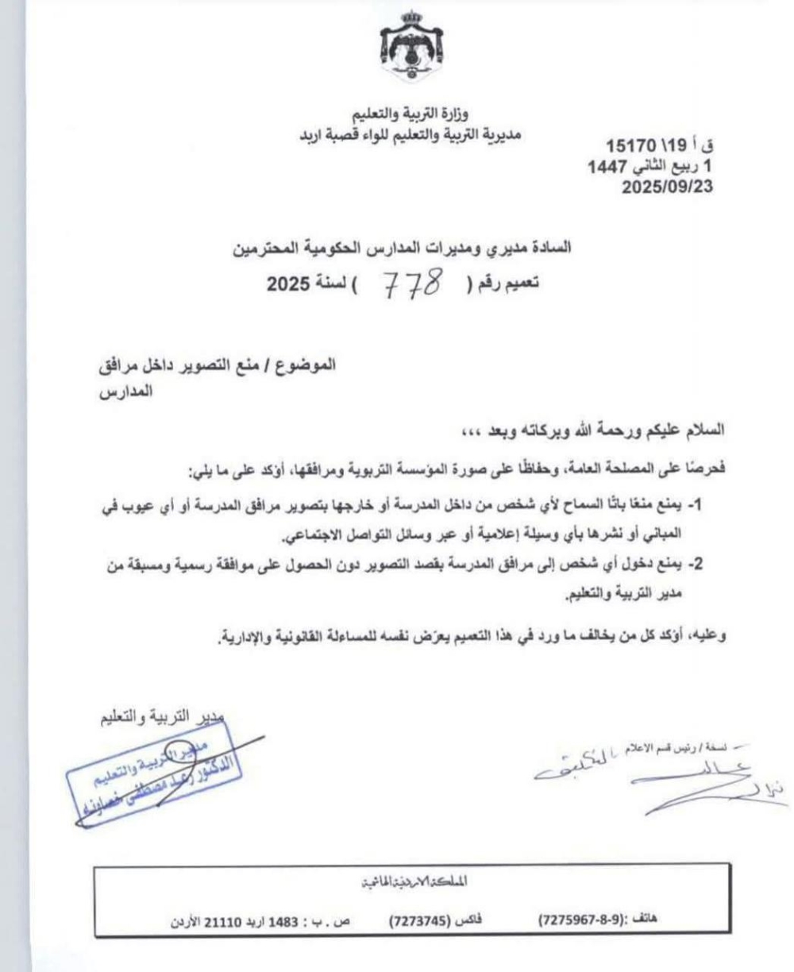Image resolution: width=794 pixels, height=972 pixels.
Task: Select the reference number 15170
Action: (x=632, y=147)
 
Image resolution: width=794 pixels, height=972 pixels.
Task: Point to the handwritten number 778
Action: (x=413, y=283)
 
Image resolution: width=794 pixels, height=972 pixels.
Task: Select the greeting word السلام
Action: (x=682, y=430)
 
